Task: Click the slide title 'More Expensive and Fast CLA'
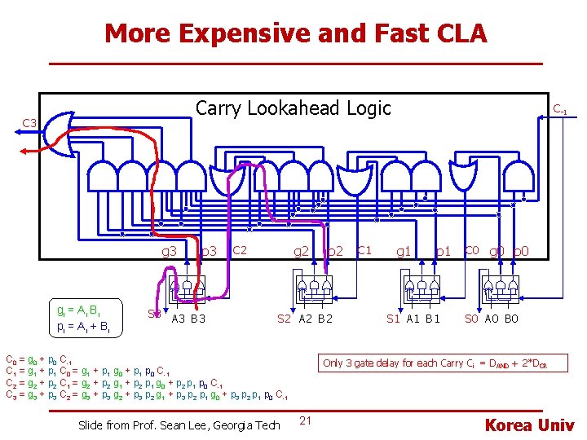tap(295, 33)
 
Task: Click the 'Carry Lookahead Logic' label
tap(293, 108)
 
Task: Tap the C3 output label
tap(30, 123)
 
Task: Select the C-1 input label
tap(561, 108)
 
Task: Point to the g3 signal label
tap(169, 251)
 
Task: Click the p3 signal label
tap(209, 251)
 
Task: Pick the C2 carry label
tap(241, 249)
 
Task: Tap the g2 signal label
tap(301, 251)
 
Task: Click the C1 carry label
tap(365, 249)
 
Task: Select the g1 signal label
tap(403, 252)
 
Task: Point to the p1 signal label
tap(444, 252)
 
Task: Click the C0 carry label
tap(471, 249)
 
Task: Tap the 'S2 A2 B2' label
tap(305, 319)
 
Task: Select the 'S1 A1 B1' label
tap(413, 319)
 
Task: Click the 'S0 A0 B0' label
tap(491, 319)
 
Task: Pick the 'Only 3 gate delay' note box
tap(433, 363)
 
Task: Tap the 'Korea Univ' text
tap(530, 425)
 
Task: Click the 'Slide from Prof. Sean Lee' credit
tap(179, 425)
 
